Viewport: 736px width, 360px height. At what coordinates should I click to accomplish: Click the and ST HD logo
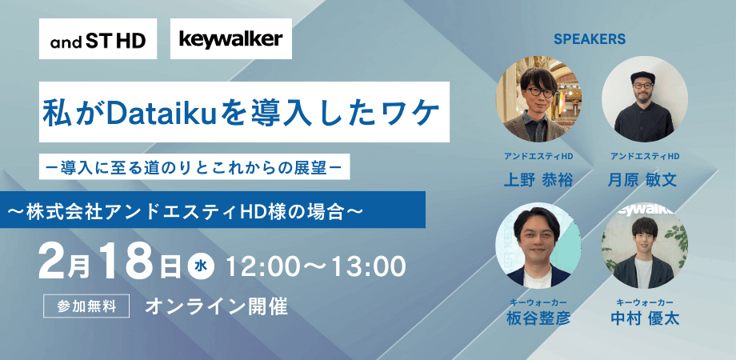(x=98, y=39)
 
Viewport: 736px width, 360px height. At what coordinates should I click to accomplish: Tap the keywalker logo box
(x=231, y=39)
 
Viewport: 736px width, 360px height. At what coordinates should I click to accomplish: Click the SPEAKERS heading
(x=589, y=38)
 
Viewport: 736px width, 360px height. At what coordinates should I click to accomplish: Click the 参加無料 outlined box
(x=88, y=306)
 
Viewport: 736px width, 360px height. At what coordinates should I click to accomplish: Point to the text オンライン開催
(x=216, y=306)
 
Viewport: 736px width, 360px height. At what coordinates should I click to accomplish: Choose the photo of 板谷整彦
(x=538, y=247)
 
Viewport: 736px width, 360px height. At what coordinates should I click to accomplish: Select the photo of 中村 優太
(x=644, y=247)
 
